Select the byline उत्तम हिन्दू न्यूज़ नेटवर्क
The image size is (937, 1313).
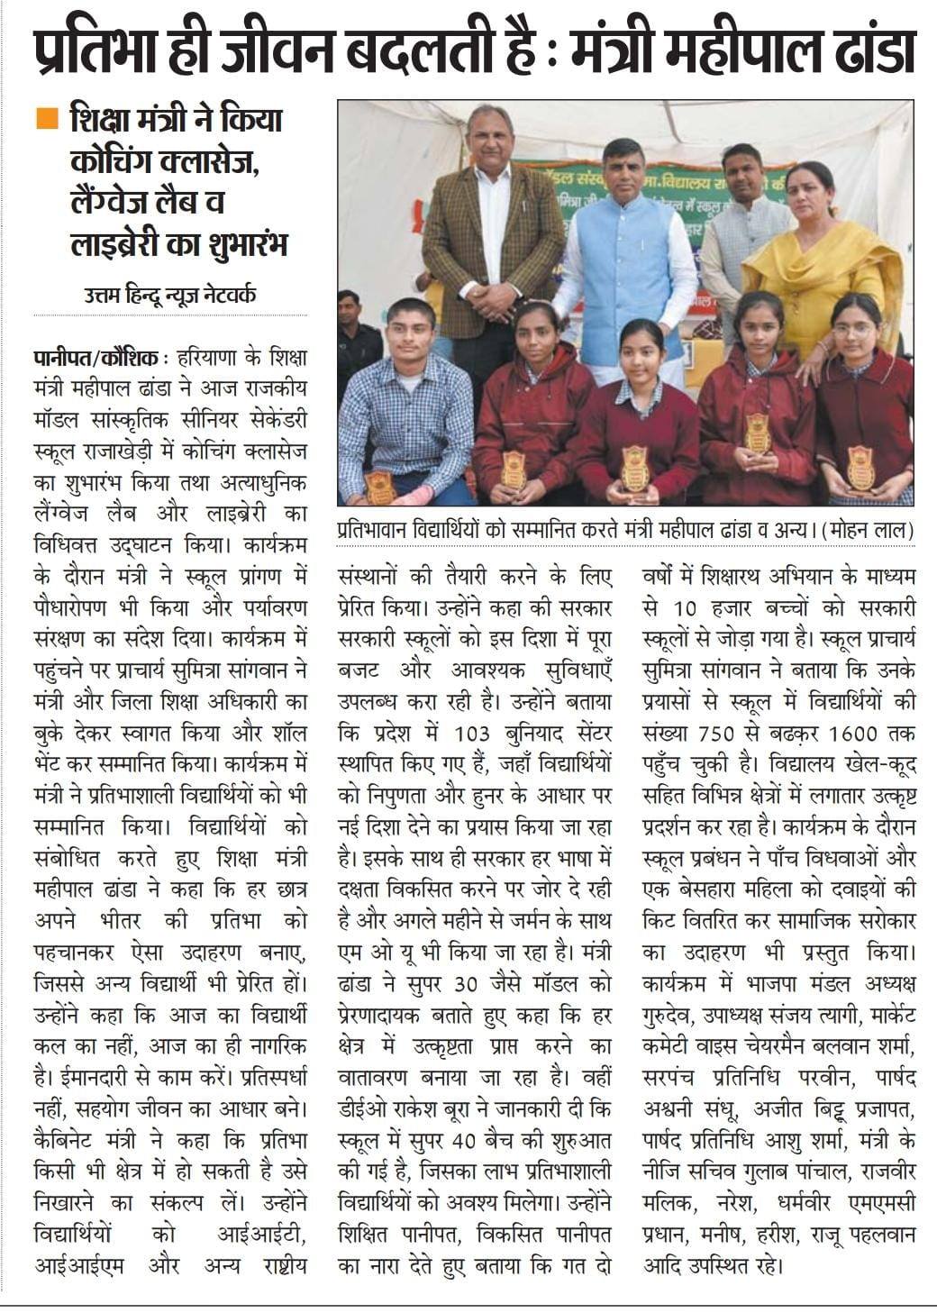172,294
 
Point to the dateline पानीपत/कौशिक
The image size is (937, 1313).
93,355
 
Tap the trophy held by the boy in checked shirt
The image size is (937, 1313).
379,488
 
